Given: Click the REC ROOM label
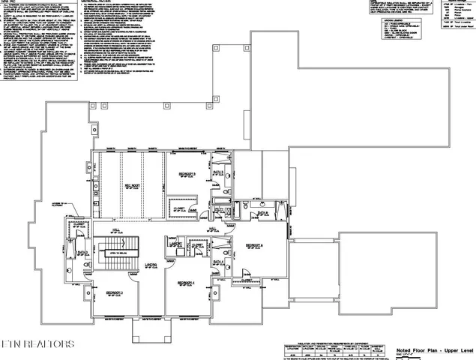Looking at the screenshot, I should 133,184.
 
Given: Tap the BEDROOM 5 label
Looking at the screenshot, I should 187,174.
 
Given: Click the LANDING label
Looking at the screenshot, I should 151,265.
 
